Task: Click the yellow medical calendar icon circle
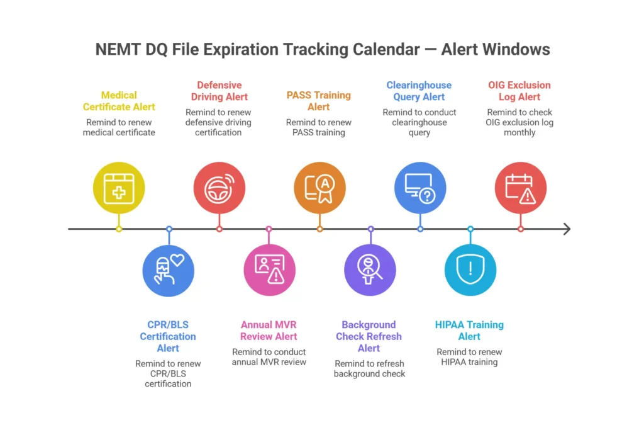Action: pos(119,188)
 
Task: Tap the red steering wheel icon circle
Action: pos(219,188)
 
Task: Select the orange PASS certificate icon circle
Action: pos(319,188)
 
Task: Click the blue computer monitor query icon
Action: pos(420,188)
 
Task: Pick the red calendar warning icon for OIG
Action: pos(520,188)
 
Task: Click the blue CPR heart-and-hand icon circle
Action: pos(169,270)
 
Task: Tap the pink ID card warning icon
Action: pos(269,270)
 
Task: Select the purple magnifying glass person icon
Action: pos(370,270)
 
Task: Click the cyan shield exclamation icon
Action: pos(470,270)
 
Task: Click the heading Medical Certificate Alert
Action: pos(119,101)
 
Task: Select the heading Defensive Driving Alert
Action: pos(219,91)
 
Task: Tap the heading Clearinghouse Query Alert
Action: pos(419,91)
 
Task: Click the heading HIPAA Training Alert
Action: pos(469,331)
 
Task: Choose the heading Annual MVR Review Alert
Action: pos(269,331)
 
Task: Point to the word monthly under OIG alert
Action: pos(519,133)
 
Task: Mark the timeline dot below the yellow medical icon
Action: pos(119,229)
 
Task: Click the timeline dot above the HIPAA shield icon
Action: pos(470,229)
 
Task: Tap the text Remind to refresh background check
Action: pos(369,368)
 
